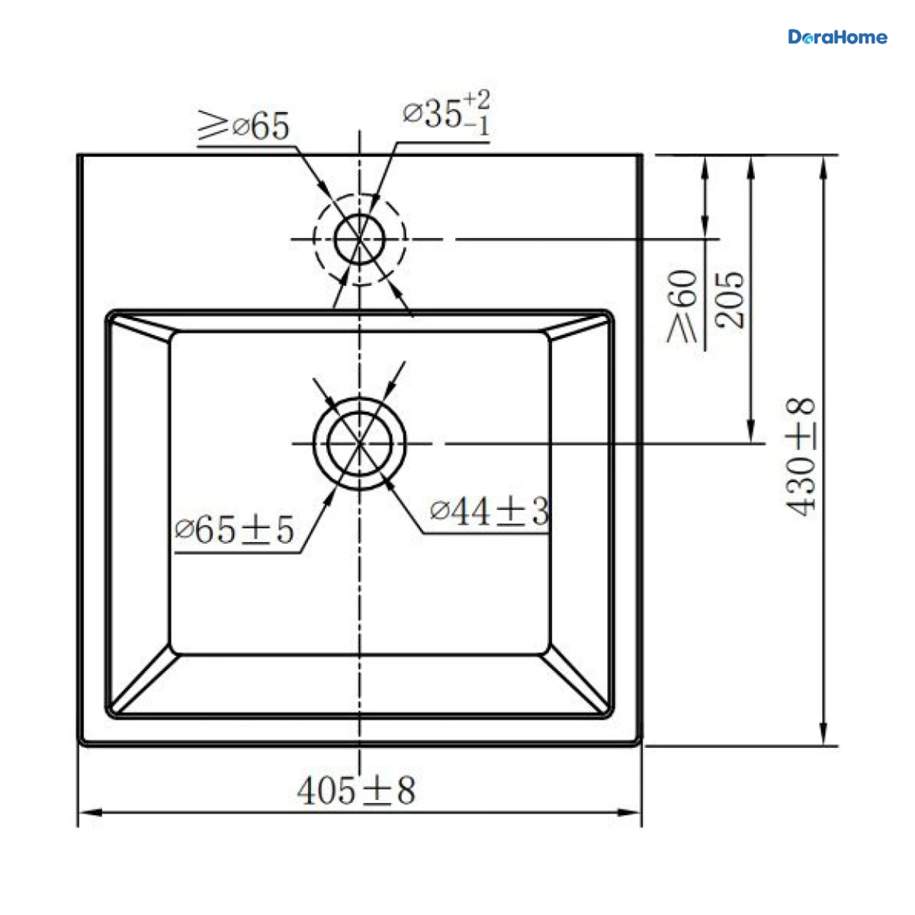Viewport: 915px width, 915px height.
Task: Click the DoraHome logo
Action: [837, 37]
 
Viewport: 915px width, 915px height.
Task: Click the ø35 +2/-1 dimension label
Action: [446, 113]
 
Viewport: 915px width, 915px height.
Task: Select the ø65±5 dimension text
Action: [235, 530]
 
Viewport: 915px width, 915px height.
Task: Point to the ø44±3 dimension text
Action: [490, 512]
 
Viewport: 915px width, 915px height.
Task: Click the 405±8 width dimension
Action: [356, 791]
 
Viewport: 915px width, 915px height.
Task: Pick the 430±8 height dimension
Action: [800, 457]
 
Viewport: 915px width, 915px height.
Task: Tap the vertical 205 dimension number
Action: [730, 300]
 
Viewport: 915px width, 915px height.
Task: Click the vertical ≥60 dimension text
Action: [682, 307]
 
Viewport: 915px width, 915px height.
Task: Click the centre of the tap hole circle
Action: [359, 239]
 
